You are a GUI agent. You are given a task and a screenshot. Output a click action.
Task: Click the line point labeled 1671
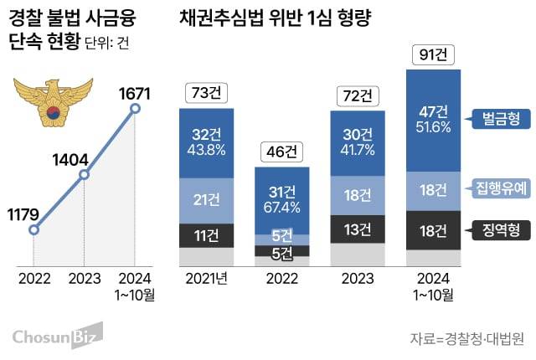pyautogui.click(x=136, y=107)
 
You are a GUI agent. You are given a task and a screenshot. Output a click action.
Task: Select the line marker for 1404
pyautogui.click(x=84, y=175)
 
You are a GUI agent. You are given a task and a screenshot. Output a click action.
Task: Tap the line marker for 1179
pyautogui.click(x=33, y=229)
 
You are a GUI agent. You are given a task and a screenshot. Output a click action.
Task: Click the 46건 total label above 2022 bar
pyautogui.click(x=282, y=152)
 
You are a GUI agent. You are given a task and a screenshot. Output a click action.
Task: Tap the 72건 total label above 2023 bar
pyautogui.click(x=358, y=95)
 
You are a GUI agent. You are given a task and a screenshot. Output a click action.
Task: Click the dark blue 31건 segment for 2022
pyautogui.click(x=282, y=200)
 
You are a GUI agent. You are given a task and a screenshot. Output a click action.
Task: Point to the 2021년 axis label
pyautogui.click(x=206, y=278)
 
